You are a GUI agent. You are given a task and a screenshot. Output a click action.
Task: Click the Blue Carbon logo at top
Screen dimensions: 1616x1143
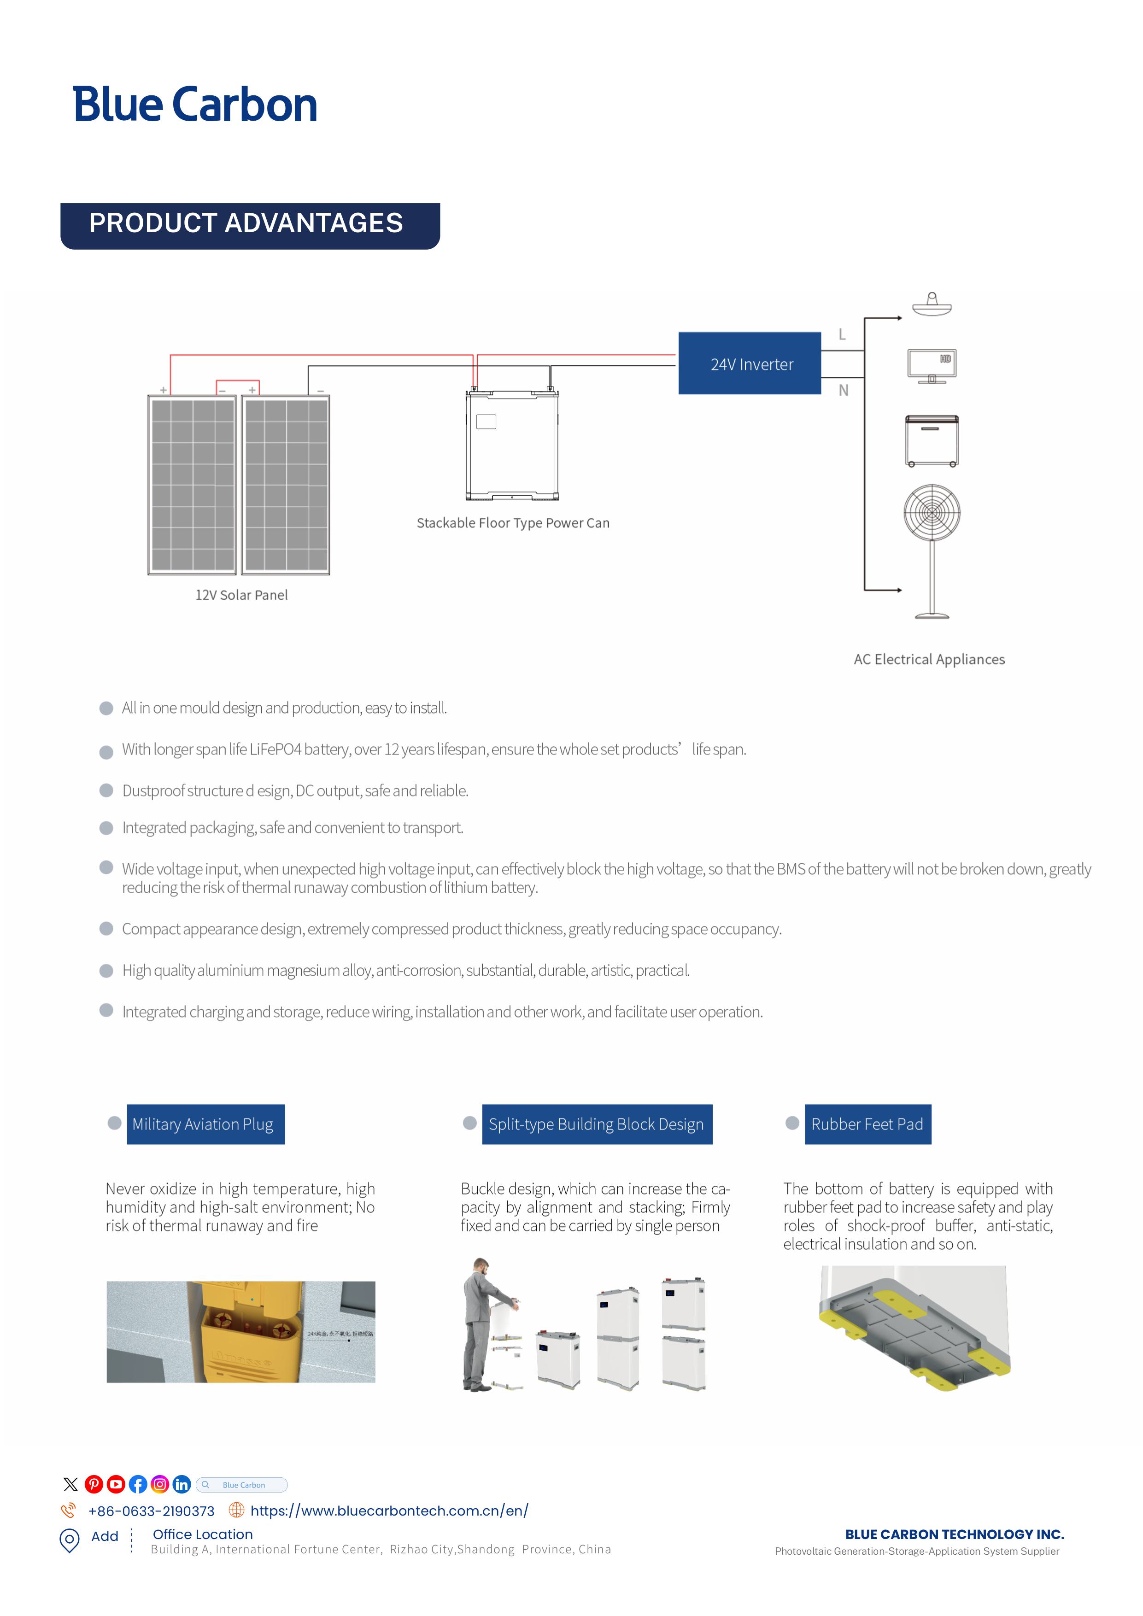pos(195,105)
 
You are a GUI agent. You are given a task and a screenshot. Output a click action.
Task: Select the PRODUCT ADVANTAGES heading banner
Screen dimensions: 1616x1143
pos(249,225)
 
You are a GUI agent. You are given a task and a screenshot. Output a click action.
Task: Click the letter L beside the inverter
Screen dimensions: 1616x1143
pos(842,334)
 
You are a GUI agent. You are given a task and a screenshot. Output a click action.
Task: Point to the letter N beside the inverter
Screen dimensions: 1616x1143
pos(843,391)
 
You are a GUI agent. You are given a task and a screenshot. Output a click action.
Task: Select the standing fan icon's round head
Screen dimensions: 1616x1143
pos(932,512)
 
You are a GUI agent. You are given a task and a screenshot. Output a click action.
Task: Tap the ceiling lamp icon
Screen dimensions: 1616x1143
pos(932,305)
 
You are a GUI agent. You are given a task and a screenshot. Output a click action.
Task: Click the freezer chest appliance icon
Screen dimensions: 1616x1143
pos(931,440)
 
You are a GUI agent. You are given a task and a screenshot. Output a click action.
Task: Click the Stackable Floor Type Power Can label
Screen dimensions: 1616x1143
pos(513,523)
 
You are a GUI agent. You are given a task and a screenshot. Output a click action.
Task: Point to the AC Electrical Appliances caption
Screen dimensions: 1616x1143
pos(929,660)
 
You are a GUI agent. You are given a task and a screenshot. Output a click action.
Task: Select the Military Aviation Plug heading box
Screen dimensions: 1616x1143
pos(205,1124)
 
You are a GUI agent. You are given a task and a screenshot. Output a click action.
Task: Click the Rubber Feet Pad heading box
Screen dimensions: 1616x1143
pos(867,1124)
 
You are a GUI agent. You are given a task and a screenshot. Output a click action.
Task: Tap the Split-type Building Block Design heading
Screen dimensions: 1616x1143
pos(597,1124)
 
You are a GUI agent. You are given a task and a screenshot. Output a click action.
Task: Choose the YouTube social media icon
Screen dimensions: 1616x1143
pos(116,1484)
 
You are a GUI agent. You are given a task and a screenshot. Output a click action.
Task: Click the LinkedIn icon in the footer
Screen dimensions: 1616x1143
pos(182,1484)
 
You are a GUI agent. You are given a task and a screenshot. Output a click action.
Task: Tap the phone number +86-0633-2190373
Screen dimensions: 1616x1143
pos(151,1511)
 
